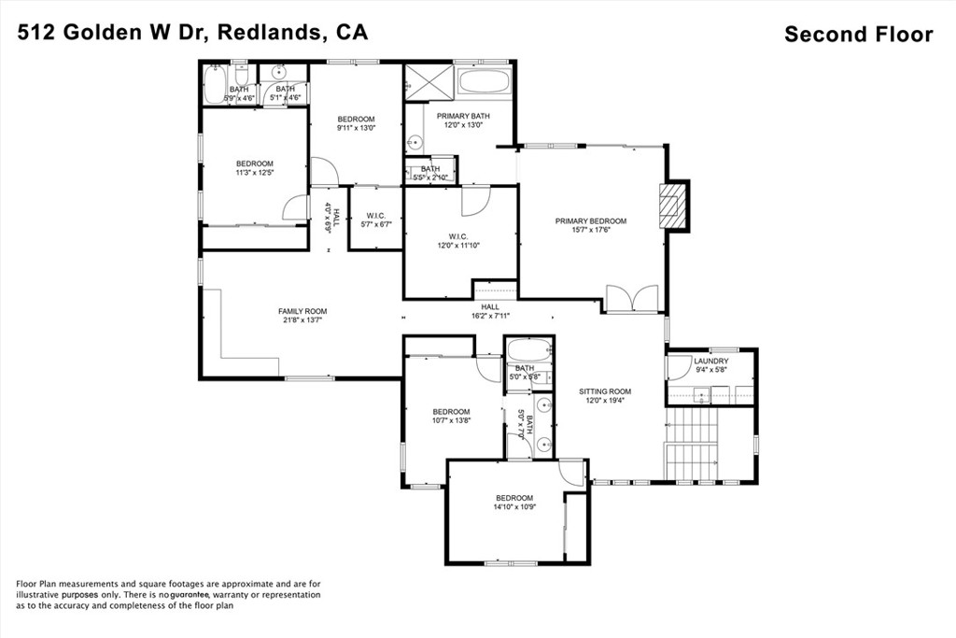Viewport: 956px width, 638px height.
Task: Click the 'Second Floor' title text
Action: pyautogui.click(x=858, y=35)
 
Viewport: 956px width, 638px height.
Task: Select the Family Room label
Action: pyautogui.click(x=302, y=316)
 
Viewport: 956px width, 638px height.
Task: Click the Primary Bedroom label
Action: pyautogui.click(x=591, y=226)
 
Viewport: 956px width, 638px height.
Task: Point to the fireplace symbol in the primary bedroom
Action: pyautogui.click(x=671, y=206)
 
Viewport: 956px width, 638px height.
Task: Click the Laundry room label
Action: pyautogui.click(x=711, y=365)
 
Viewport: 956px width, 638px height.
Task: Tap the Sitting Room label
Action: pyautogui.click(x=605, y=396)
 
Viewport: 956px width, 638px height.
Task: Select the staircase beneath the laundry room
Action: pyautogui.click(x=692, y=445)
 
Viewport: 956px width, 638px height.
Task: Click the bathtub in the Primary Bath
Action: pyautogui.click(x=485, y=79)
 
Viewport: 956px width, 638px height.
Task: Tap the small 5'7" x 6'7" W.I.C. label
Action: pyautogui.click(x=374, y=220)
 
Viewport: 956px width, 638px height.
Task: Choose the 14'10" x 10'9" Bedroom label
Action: pyautogui.click(x=514, y=503)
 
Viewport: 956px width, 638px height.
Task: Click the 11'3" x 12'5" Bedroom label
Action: pyautogui.click(x=254, y=168)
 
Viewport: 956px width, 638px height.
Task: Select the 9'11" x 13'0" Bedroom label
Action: pyautogui.click(x=356, y=123)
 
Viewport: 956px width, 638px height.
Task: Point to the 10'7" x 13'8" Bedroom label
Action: pyautogui.click(x=451, y=417)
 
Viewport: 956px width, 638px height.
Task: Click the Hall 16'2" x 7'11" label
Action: pyautogui.click(x=490, y=311)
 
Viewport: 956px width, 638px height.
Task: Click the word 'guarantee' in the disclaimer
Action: pyautogui.click(x=190, y=594)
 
